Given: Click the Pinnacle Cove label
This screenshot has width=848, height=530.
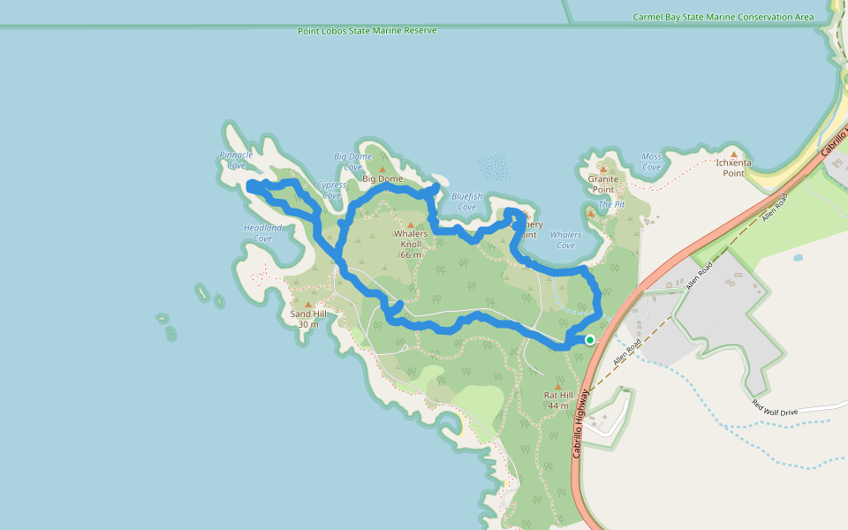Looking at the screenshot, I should pos(236,160).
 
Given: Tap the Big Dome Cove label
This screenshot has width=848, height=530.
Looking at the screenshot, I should pos(352,162).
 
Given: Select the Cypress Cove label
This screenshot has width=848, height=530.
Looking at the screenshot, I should pos(332,190).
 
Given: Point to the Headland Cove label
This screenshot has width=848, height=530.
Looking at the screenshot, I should pos(262,233).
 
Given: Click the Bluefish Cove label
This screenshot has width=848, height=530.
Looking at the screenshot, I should pos(467,201).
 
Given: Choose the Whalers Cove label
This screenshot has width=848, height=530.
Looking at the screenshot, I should pos(565,239).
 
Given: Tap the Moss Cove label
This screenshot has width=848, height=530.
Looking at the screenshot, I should pos(651,162).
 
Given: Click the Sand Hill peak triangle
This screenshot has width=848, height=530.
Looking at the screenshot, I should pos(307,304).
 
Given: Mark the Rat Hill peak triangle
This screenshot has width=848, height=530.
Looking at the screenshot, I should pos(558,386).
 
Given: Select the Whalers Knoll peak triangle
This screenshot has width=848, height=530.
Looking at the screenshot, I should pos(411,224).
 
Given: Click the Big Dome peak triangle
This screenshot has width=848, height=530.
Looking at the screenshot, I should pos(382,169).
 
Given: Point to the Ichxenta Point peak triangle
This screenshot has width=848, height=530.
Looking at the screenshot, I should pos(733,154).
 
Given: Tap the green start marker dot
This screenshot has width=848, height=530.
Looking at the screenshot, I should pos(590,339).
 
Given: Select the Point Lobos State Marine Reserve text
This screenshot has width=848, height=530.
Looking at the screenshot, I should pos(367,31).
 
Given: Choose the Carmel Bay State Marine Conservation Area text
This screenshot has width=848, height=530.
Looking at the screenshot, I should pos(723,17).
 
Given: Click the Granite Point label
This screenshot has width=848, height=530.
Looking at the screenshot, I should pos(603,184).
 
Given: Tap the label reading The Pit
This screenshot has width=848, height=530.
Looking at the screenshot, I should pos(611,204).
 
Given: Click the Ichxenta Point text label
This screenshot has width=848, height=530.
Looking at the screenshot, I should pos(733,168).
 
